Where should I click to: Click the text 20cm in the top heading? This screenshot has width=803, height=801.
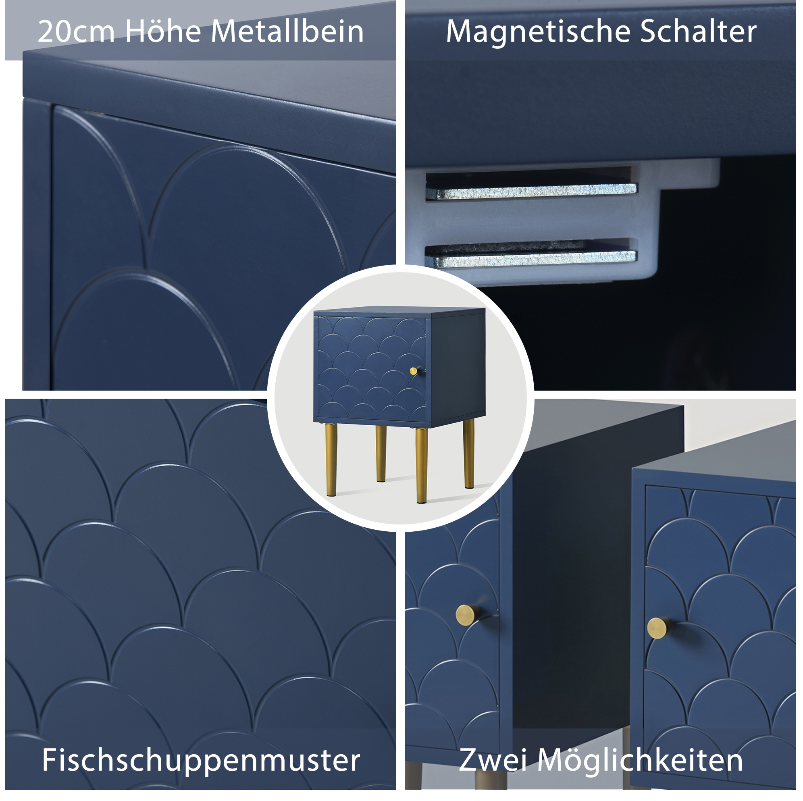76,31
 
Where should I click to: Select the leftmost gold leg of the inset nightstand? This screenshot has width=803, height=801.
331,460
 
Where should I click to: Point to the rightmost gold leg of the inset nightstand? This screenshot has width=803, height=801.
468,454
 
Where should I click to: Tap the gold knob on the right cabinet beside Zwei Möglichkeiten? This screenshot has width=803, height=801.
659,628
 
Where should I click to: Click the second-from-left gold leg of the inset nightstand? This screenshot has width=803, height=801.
381,454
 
